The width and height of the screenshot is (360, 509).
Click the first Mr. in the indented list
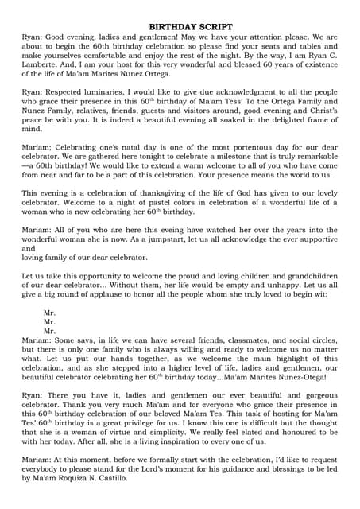point(49,313)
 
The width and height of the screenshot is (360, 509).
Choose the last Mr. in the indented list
point(49,331)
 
